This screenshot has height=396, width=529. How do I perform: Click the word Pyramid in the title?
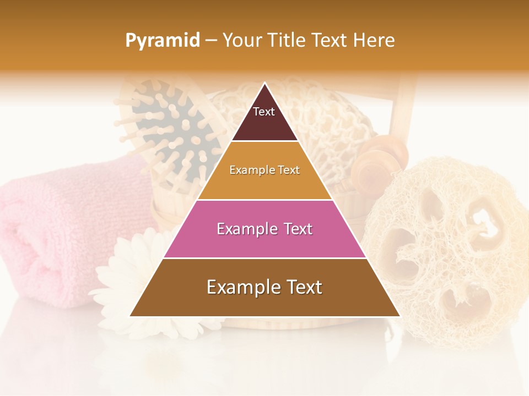coord(162,41)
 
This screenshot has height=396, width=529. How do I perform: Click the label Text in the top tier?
coord(264,112)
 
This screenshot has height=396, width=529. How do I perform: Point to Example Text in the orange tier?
coord(264,170)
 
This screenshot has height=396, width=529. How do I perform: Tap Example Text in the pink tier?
coord(264,229)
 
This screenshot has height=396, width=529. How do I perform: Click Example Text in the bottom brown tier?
coord(264,287)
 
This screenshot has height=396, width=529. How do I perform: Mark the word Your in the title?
coord(240,41)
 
